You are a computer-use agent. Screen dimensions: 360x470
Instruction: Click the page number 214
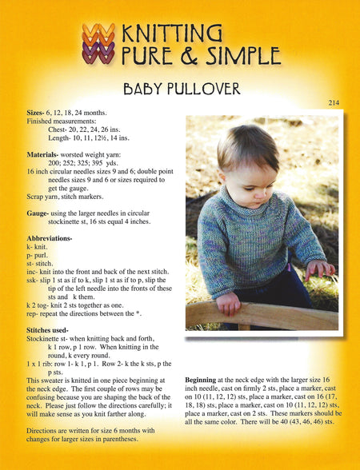[x=335, y=103]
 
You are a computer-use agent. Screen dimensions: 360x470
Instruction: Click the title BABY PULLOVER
[x=180, y=87]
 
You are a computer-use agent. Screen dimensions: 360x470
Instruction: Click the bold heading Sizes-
[x=38, y=113]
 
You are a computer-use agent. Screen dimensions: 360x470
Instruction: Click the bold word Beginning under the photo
[x=205, y=379]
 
